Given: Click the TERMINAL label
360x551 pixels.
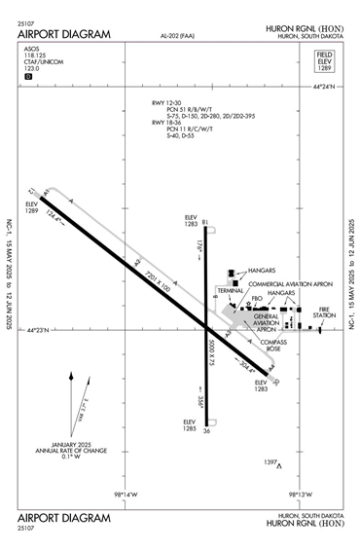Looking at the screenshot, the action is point(231,290).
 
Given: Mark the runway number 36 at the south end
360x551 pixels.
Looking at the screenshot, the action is point(207,431).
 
